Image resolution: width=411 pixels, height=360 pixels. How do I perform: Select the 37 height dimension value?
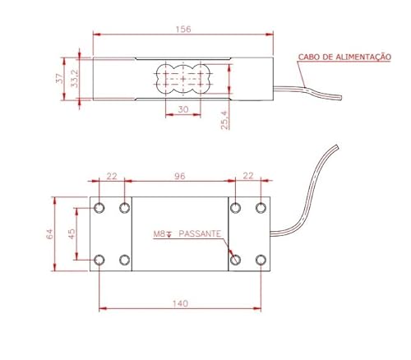(58, 79)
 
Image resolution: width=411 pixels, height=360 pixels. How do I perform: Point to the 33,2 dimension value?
(74, 79)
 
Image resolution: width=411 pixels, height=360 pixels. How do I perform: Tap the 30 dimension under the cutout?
(183, 109)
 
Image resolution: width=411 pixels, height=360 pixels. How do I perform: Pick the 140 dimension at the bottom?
(181, 303)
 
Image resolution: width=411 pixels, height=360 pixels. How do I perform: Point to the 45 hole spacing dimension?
(73, 233)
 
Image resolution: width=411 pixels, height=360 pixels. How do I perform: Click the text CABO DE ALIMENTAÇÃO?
(344, 57)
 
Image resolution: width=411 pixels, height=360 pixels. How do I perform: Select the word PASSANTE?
(200, 233)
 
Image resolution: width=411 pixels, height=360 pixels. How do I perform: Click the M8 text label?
(161, 233)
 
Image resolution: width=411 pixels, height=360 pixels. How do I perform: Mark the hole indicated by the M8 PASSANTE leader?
(236, 260)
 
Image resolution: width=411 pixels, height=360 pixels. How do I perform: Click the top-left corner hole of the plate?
(99, 207)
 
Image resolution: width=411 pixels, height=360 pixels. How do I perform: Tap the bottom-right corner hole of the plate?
(261, 260)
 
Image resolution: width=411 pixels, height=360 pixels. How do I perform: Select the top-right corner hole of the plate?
(261, 207)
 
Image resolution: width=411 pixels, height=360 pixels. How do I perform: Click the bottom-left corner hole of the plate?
(99, 260)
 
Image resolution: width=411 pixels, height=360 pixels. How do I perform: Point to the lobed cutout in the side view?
(182, 79)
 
